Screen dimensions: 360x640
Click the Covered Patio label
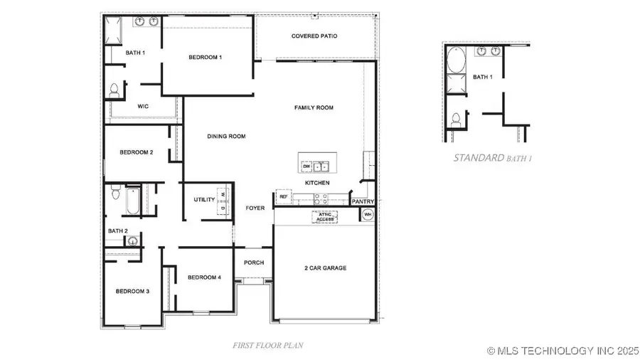click(x=314, y=36)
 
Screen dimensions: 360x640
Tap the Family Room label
click(x=314, y=107)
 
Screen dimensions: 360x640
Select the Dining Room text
click(x=226, y=136)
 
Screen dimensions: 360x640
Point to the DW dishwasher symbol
click(x=306, y=166)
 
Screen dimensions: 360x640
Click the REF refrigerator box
click(x=283, y=196)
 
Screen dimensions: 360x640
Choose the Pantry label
click(x=363, y=202)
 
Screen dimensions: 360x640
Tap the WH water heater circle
click(x=368, y=214)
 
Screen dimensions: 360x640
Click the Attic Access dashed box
click(x=324, y=217)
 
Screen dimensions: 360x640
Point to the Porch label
click(x=254, y=263)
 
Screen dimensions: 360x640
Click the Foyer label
click(x=255, y=208)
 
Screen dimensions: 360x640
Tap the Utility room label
click(x=204, y=199)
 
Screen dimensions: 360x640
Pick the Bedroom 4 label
click(x=204, y=277)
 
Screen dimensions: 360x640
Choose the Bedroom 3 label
click(x=132, y=291)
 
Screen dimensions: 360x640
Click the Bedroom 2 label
click(x=136, y=152)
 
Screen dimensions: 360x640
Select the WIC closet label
click(x=143, y=106)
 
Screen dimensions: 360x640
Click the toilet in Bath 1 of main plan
click(x=114, y=90)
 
